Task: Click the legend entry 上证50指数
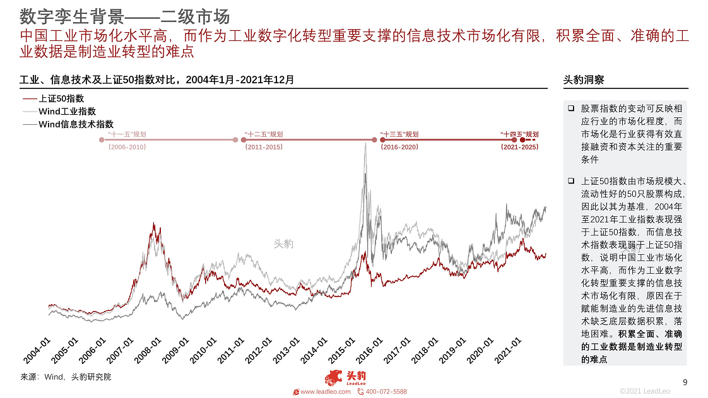pyautogui.click(x=61, y=98)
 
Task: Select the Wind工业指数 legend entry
pyautogui.click(x=67, y=112)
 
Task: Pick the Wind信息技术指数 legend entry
pyautogui.click(x=76, y=124)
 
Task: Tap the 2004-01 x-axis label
pyautogui.click(x=38, y=350)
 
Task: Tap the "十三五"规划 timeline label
pyautogui.click(x=399, y=134)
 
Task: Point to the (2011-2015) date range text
pyautogui.click(x=264, y=147)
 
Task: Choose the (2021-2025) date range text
pyautogui.click(x=519, y=147)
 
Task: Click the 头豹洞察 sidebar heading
pyautogui.click(x=584, y=80)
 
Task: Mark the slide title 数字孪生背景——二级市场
pyautogui.click(x=124, y=16)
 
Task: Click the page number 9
pyautogui.click(x=685, y=382)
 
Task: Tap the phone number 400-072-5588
pyautogui.click(x=386, y=392)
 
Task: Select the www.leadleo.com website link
pyautogui.click(x=325, y=392)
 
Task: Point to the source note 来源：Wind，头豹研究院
pyautogui.click(x=66, y=377)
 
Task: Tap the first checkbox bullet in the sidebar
pyautogui.click(x=570, y=108)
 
